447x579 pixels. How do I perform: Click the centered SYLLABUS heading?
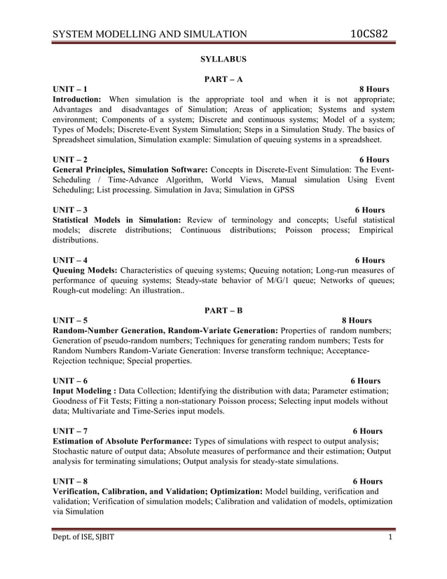coord(224,60)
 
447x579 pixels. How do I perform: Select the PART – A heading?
coord(224,79)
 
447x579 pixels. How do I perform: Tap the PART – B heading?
coord(224,310)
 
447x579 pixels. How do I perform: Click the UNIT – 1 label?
coord(71,90)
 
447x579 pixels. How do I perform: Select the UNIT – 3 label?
coord(71,210)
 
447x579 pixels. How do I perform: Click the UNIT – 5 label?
coord(71,320)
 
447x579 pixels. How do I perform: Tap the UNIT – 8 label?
coord(71,482)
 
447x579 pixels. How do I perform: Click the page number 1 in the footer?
coord(390,537)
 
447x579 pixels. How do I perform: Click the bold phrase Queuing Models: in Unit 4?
coord(86,270)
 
